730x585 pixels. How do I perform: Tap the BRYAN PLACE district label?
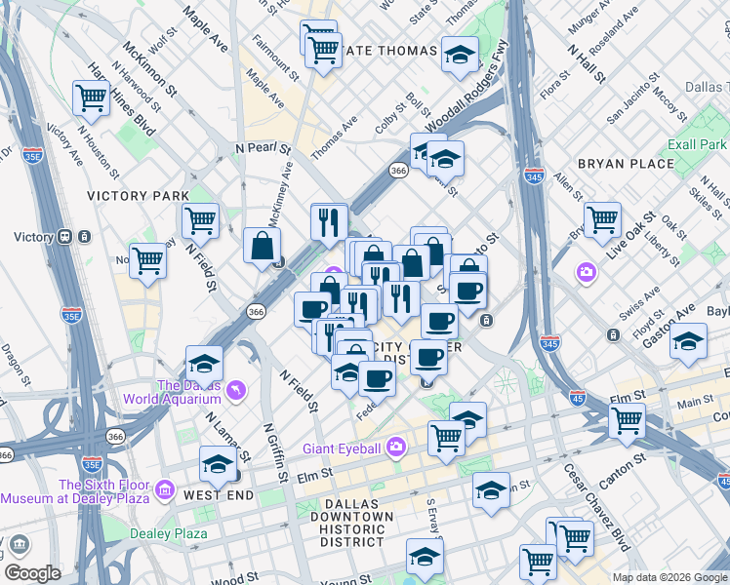coord(626,164)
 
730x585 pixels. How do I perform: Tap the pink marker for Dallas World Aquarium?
coord(234,391)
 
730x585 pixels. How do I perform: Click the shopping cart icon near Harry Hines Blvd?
coord(90,97)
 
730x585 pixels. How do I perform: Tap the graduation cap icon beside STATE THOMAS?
coord(459,55)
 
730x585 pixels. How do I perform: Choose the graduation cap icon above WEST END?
coord(217,464)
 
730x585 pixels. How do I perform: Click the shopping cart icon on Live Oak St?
coord(602,219)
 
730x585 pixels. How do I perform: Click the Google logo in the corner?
coord(32,573)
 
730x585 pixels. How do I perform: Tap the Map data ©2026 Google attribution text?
coord(670,577)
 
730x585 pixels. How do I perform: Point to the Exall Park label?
coord(697,144)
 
